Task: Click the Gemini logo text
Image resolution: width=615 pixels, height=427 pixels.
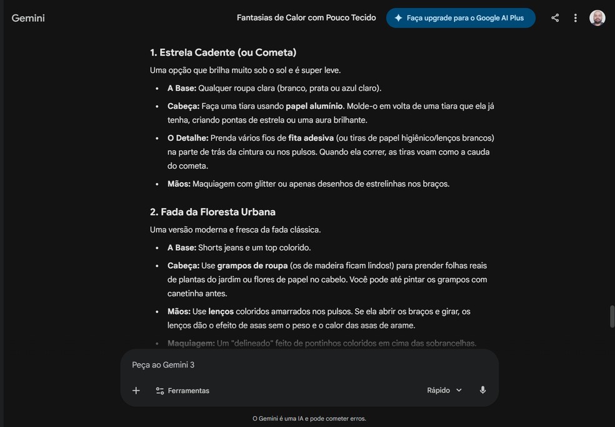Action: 28,18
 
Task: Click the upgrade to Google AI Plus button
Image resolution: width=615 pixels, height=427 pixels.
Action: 461,18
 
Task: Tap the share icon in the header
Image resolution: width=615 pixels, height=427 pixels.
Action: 555,18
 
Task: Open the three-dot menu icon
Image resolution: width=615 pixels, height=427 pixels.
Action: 576,18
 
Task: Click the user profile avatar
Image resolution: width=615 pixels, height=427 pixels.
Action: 597,18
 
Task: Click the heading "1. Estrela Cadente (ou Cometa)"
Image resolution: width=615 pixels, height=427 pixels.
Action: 223,53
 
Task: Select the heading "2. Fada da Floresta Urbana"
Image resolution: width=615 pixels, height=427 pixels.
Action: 212,212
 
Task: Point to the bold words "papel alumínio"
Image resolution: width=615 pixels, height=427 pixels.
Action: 314,106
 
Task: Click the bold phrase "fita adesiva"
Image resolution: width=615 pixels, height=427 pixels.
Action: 311,138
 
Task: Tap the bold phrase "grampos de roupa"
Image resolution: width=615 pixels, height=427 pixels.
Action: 252,266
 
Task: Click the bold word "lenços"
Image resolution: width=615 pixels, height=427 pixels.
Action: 221,311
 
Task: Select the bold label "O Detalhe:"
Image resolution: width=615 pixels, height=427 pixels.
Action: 187,138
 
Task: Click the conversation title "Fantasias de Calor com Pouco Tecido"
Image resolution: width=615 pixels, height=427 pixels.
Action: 306,18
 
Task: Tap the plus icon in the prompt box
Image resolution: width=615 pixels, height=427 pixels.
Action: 136,391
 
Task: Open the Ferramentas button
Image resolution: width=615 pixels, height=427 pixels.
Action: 182,391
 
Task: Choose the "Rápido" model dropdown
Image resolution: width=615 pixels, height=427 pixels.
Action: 444,391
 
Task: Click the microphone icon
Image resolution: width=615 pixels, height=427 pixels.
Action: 482,391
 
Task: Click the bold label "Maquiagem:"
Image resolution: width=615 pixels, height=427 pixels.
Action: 191,343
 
